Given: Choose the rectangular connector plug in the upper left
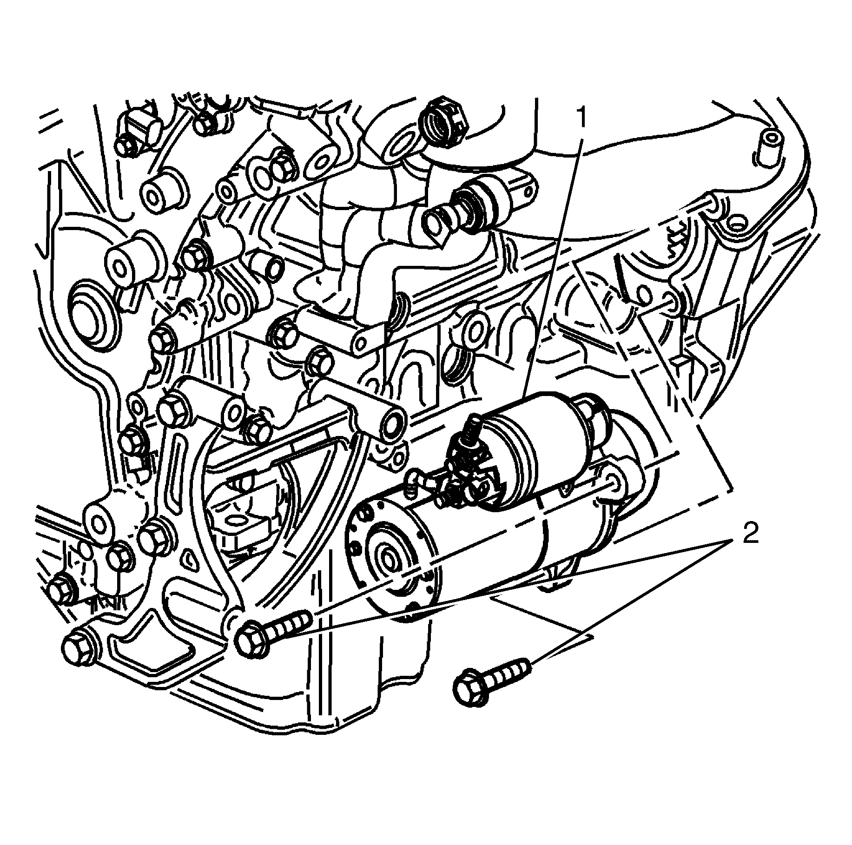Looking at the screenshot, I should coord(139,125).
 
